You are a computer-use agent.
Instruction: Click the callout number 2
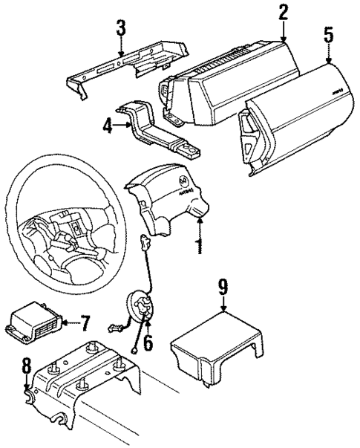pyautogui.click(x=283, y=12)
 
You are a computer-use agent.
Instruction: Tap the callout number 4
pyautogui.click(x=109, y=126)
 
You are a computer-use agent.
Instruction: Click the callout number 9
pyautogui.click(x=222, y=286)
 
